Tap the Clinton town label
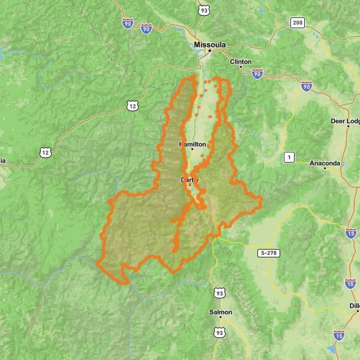[241, 61]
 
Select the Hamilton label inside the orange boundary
[193, 145]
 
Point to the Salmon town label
[221, 313]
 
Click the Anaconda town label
[325, 163]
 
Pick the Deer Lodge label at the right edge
[345, 121]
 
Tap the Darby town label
[190, 179]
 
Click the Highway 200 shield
[297, 23]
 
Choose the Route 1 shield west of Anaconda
[290, 157]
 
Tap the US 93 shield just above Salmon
[220, 292]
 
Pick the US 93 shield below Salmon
[220, 332]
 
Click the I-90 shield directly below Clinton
[257, 74]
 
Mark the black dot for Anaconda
[325, 169]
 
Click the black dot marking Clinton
[241, 67]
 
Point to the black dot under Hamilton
[193, 149]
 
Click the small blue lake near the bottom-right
[329, 350]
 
